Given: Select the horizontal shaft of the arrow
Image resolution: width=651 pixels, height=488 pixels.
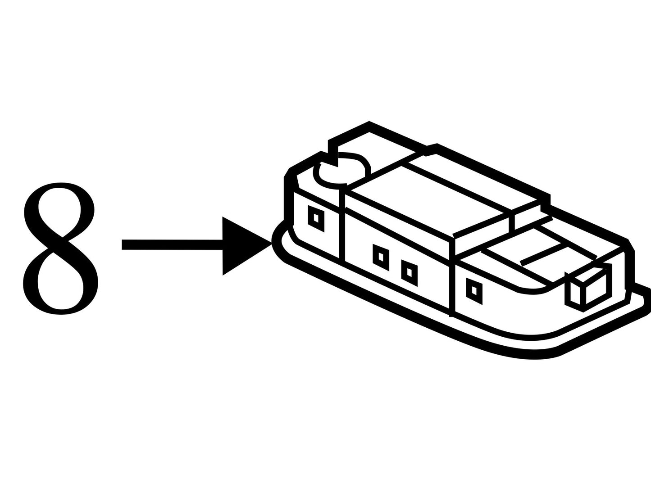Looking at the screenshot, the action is (172, 245).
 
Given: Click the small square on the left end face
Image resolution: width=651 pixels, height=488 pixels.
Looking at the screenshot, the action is (316, 219).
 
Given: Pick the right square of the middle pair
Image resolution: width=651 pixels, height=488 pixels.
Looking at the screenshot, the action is (410, 272).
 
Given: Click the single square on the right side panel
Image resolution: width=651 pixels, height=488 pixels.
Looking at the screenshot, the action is (474, 291).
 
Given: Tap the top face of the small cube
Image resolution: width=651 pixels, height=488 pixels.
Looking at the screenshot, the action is (586, 274).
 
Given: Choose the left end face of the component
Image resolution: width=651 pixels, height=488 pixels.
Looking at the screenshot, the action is (317, 225).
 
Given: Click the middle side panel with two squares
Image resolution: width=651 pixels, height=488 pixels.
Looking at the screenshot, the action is (397, 261).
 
